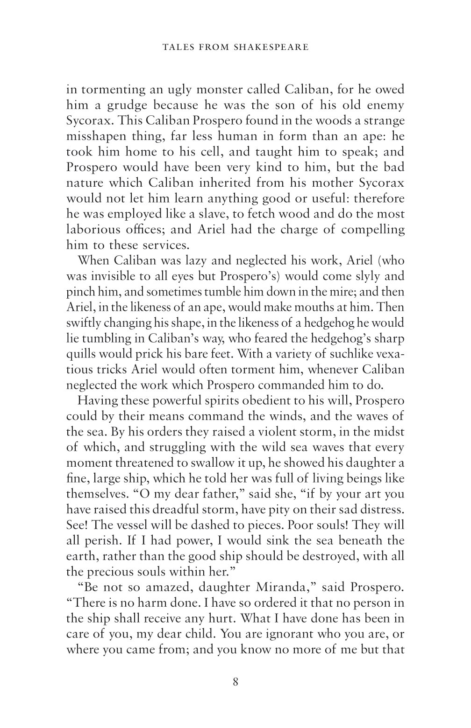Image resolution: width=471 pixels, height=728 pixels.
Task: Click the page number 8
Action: pos(235,682)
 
